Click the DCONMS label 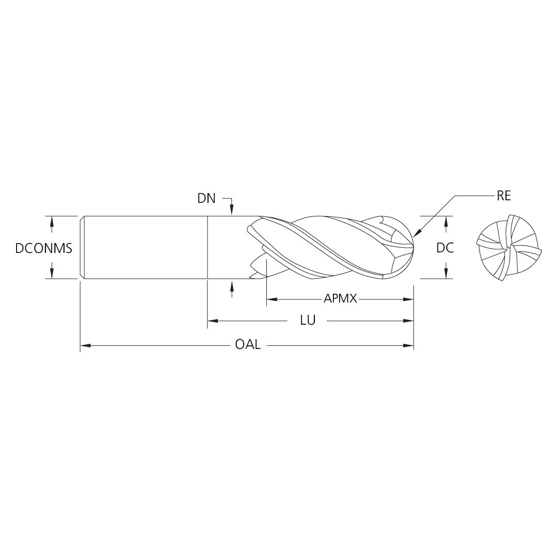pyautogui.click(x=43, y=248)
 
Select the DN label pyautogui.click(x=206, y=198)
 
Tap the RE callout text pyautogui.click(x=503, y=196)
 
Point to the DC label pyautogui.click(x=445, y=248)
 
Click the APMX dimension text pyautogui.click(x=340, y=299)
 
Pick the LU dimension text pyautogui.click(x=308, y=321)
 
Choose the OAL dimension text pyautogui.click(x=248, y=344)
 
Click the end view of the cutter pyautogui.click(x=501, y=248)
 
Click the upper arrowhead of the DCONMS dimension pyautogui.click(x=52, y=220)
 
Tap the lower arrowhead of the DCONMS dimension pyautogui.click(x=52, y=274)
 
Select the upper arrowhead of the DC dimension pyautogui.click(x=445, y=220)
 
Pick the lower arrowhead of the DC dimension pyautogui.click(x=445, y=274)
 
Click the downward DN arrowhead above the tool pyautogui.click(x=232, y=211)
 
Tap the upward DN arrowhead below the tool pyautogui.click(x=232, y=285)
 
